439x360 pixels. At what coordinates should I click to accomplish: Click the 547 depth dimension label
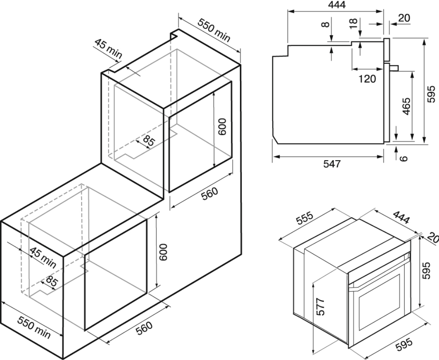pyautogui.click(x=332, y=164)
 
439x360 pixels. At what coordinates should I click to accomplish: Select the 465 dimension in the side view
pyautogui.click(x=406, y=106)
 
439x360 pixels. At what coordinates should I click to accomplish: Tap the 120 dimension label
pyautogui.click(x=367, y=79)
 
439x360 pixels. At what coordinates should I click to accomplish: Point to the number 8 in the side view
pyautogui.click(x=325, y=25)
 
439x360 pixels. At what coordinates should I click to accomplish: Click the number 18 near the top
pyautogui.click(x=354, y=23)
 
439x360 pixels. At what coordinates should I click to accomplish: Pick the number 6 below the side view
pyautogui.click(x=403, y=158)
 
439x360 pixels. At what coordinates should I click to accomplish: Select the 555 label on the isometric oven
pyautogui.click(x=305, y=220)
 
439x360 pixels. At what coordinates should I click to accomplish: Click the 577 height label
pyautogui.click(x=321, y=307)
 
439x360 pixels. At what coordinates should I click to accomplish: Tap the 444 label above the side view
pyautogui.click(x=337, y=5)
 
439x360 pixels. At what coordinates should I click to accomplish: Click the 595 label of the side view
pyautogui.click(x=431, y=94)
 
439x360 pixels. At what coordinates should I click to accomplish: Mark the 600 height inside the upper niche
pyautogui.click(x=222, y=126)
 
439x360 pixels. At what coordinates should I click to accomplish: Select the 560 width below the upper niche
pyautogui.click(x=210, y=193)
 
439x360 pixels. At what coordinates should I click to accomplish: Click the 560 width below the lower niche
pyautogui.click(x=144, y=328)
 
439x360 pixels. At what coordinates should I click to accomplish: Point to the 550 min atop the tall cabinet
pyautogui.click(x=214, y=30)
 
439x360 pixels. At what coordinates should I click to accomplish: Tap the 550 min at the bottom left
pyautogui.click(x=34, y=327)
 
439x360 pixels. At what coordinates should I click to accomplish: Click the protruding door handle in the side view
pyautogui.click(x=394, y=67)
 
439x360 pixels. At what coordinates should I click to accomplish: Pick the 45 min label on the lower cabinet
pyautogui.click(x=43, y=257)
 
